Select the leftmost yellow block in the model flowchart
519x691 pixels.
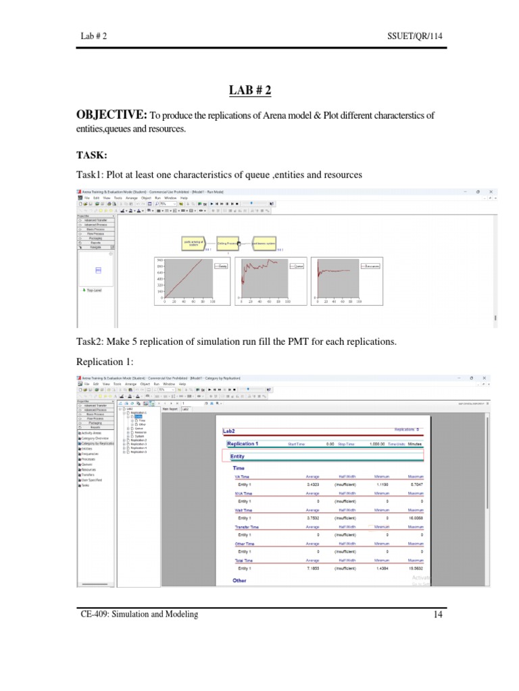point(193,243)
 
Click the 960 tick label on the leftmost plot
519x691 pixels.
point(159,260)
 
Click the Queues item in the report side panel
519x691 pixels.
point(86,464)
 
